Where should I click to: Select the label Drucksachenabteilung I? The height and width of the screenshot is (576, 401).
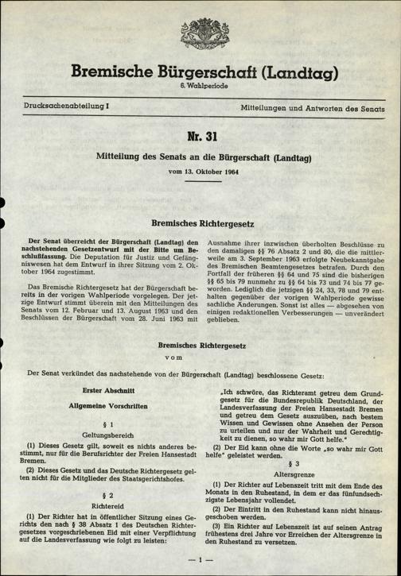tap(59, 106)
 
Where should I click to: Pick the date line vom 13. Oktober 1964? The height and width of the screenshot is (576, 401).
tap(200, 171)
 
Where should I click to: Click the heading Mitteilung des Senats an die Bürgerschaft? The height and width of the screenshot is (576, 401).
tap(200, 156)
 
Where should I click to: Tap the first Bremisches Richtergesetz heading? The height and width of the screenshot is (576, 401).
tap(200, 225)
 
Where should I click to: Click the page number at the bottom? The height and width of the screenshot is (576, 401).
tap(200, 560)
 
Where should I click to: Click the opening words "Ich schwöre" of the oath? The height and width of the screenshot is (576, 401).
tap(234, 391)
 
